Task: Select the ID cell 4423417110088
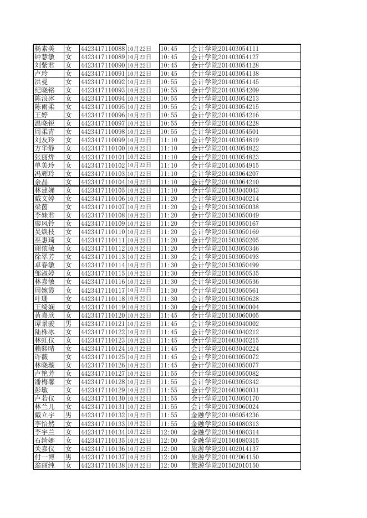tap(103, 49)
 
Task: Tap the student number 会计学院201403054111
tap(225, 49)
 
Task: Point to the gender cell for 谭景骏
tap(69, 324)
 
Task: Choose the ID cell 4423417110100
tap(103, 149)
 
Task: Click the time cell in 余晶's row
tap(169, 182)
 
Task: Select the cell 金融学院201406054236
tap(225, 415)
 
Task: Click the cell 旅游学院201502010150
tap(225, 465)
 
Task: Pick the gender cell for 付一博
tap(69, 457)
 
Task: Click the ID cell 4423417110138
tap(103, 465)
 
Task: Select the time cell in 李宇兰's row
tap(169, 432)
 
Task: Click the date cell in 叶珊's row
tap(139, 299)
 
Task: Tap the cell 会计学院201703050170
tap(225, 398)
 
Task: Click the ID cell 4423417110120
tap(103, 315)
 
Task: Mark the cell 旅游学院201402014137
tap(225, 448)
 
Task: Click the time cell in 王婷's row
tap(169, 115)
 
